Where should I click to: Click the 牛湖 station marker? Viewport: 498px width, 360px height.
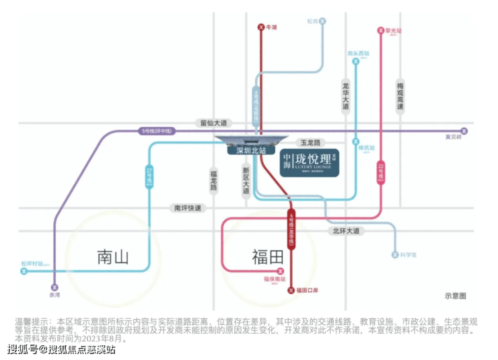[x=261, y=28]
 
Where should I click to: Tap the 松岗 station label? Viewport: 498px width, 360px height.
[x=312, y=22]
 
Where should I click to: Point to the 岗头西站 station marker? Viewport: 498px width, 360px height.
[x=355, y=61]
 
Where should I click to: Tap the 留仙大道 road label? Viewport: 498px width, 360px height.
[x=214, y=123]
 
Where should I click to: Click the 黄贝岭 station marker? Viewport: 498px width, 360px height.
[x=463, y=131]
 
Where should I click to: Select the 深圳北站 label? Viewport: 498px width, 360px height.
[x=246, y=151]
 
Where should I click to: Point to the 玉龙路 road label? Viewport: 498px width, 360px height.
[x=312, y=143]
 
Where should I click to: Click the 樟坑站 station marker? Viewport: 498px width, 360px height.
[x=355, y=143]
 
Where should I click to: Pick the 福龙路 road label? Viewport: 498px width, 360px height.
[x=213, y=180]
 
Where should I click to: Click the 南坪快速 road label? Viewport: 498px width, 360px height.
[x=188, y=209]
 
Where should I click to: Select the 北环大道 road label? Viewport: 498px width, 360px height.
[x=346, y=231]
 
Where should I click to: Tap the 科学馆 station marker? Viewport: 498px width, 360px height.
[x=395, y=255]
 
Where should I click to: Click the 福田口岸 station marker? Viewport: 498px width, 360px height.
[x=291, y=290]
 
